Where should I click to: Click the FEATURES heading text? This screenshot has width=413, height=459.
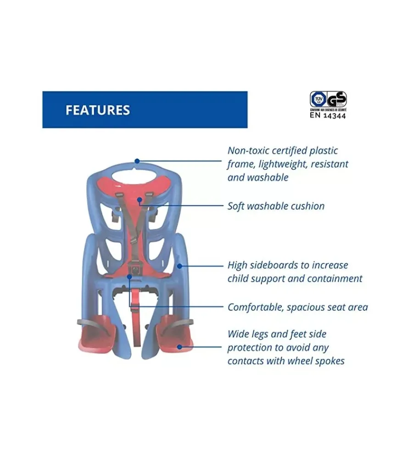coord(97,110)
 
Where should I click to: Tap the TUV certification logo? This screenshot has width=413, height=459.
coord(318,99)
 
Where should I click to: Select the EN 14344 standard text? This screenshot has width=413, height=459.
coord(328,116)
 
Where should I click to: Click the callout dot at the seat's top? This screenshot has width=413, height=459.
coord(137,161)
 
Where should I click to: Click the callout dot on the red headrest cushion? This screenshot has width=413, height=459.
coord(140,199)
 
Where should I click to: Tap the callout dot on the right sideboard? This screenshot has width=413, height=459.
coord(179,266)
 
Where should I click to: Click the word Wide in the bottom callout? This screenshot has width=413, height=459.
coord(238,334)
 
